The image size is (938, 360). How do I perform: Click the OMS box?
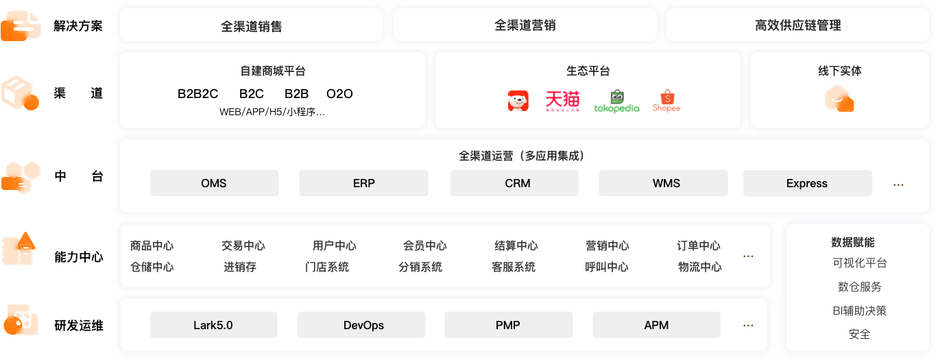(214, 183)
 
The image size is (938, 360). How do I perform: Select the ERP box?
(363, 183)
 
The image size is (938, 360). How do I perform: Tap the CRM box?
(514, 183)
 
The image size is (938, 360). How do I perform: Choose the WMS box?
(663, 183)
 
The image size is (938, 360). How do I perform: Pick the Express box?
(807, 183)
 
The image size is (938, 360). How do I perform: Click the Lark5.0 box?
(213, 325)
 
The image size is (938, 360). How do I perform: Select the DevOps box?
(361, 325)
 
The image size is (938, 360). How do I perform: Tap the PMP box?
(508, 325)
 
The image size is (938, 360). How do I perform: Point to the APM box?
(656, 325)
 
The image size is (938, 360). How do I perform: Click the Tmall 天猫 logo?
(562, 101)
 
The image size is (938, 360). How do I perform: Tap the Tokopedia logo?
(617, 101)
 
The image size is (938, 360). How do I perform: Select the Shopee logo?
(666, 101)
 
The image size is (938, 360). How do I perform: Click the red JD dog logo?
(518, 101)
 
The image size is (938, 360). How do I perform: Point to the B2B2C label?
(197, 93)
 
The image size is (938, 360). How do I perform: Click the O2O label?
(339, 93)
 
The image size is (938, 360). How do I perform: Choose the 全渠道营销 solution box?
(525, 25)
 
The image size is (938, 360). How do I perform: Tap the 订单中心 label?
(699, 245)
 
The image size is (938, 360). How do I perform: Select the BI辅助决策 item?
(859, 311)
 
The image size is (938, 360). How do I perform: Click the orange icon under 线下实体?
(839, 99)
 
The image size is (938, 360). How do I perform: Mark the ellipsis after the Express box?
(898, 184)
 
